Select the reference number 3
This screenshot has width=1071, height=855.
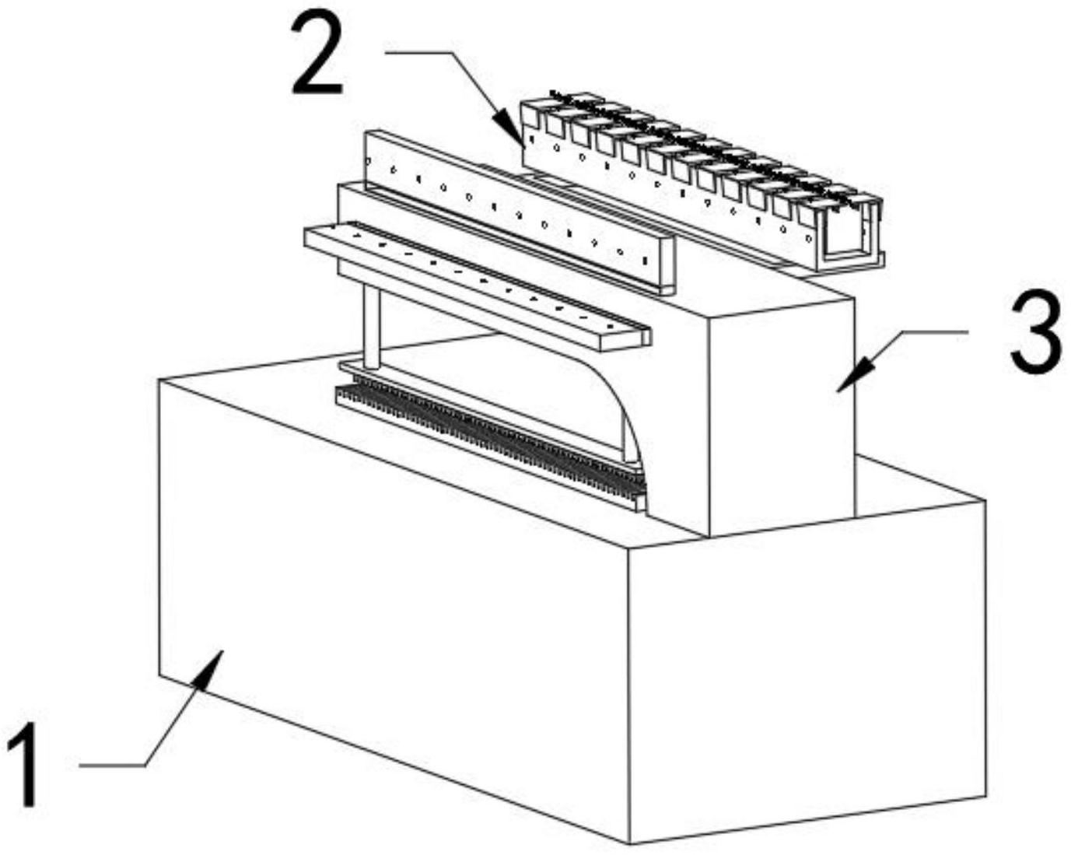[1036, 333]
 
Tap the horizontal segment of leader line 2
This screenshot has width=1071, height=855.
[420, 53]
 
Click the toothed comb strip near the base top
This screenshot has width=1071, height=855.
[490, 440]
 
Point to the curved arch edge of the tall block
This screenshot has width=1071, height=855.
[622, 405]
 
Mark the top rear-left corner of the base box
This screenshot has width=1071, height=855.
[159, 380]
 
